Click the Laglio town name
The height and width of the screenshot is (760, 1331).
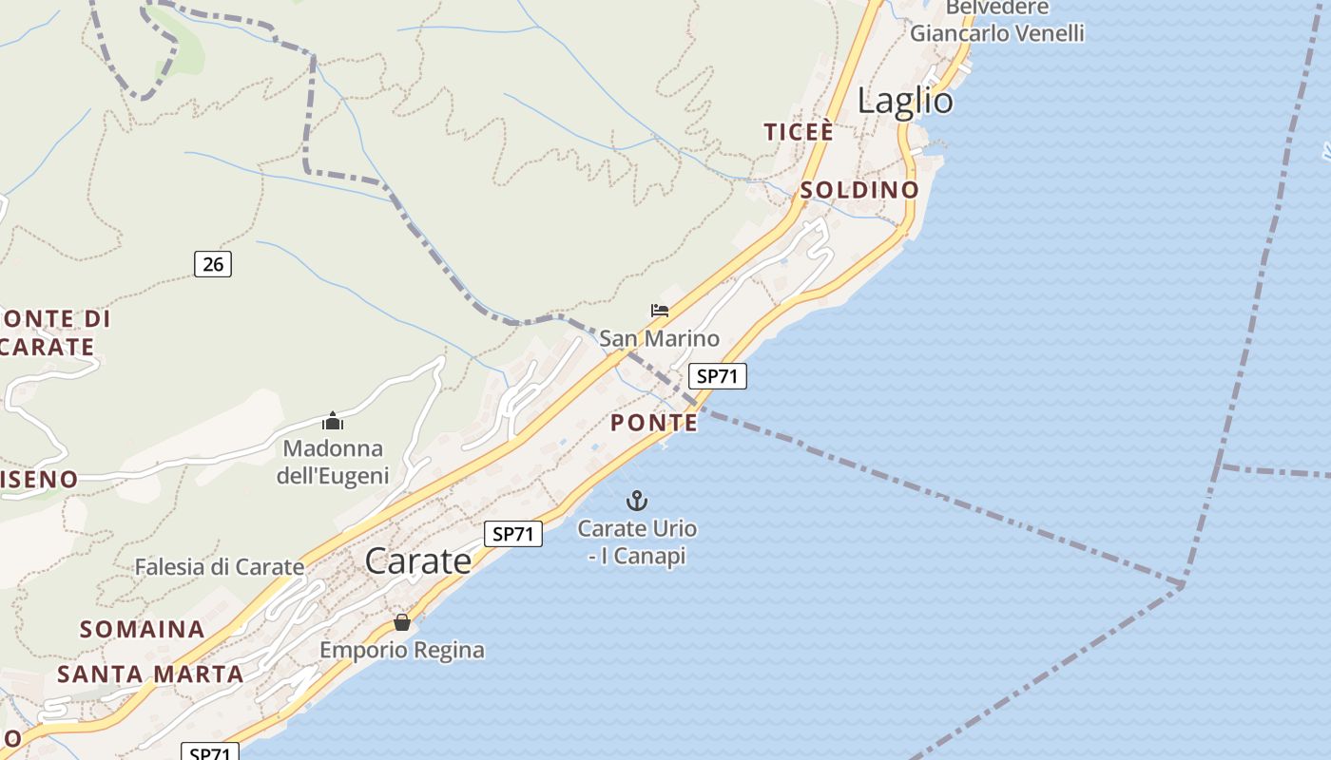[x=905, y=101]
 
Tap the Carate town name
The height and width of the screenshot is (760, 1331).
[x=418, y=560]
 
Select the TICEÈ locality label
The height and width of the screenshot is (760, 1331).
[x=799, y=132]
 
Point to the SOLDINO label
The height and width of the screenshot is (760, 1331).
[x=859, y=190]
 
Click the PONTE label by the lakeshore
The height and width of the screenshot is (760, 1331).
[x=654, y=423]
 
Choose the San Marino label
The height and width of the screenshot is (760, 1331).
[x=659, y=338]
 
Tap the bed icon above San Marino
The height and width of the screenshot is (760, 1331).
[x=660, y=311]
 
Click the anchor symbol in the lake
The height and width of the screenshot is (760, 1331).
[x=637, y=500]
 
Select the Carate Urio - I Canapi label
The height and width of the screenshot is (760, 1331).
[x=637, y=542]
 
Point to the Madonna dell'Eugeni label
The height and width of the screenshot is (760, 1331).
[x=333, y=462]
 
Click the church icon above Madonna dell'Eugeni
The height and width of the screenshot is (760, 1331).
[x=333, y=420]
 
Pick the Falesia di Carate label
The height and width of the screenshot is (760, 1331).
[x=220, y=567]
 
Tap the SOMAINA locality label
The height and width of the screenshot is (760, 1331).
[x=143, y=629]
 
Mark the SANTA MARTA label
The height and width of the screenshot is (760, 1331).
[x=150, y=674]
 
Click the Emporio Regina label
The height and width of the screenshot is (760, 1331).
[x=402, y=651]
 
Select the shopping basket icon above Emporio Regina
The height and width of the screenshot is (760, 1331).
[x=402, y=623]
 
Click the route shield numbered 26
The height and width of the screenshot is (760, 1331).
[x=213, y=264]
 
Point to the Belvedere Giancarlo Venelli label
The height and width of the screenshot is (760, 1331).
[x=996, y=20]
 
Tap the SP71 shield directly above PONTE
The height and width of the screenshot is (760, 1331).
[x=717, y=376]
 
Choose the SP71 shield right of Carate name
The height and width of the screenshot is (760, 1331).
[x=513, y=534]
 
